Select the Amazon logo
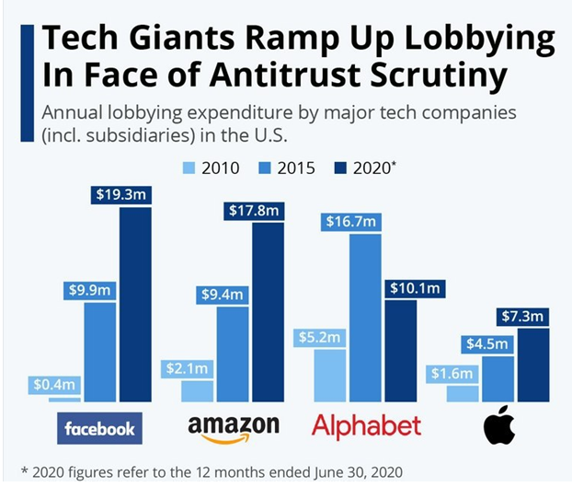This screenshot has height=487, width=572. [233, 428]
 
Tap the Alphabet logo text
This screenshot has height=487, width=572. [366, 427]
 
